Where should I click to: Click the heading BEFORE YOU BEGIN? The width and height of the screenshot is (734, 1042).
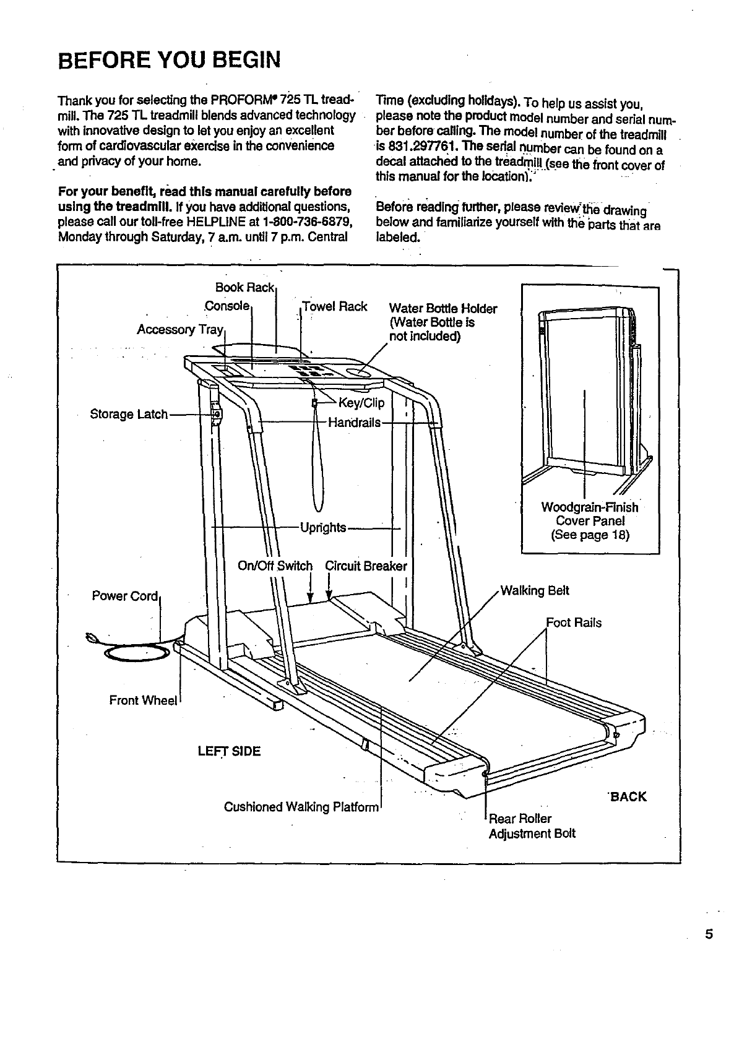tap(168, 61)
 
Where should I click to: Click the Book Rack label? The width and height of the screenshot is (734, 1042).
tap(244, 288)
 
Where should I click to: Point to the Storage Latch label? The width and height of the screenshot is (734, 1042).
tap(129, 414)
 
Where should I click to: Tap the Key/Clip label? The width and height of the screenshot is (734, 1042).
tap(362, 403)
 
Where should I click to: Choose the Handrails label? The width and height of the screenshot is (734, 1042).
tap(354, 423)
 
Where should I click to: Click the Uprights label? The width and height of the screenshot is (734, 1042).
tap(323, 527)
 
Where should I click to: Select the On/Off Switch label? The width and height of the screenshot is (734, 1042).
tap(275, 566)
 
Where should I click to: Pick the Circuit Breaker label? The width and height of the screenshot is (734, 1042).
tap(366, 566)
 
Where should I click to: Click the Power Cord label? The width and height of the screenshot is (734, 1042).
tap(125, 596)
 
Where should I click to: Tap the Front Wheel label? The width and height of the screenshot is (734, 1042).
tap(143, 700)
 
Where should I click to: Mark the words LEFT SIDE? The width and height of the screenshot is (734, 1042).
tap(229, 751)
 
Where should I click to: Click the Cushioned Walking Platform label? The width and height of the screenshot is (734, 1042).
tap(301, 807)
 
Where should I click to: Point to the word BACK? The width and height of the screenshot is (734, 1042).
tap(628, 797)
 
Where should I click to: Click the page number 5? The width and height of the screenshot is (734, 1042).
tap(709, 934)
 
